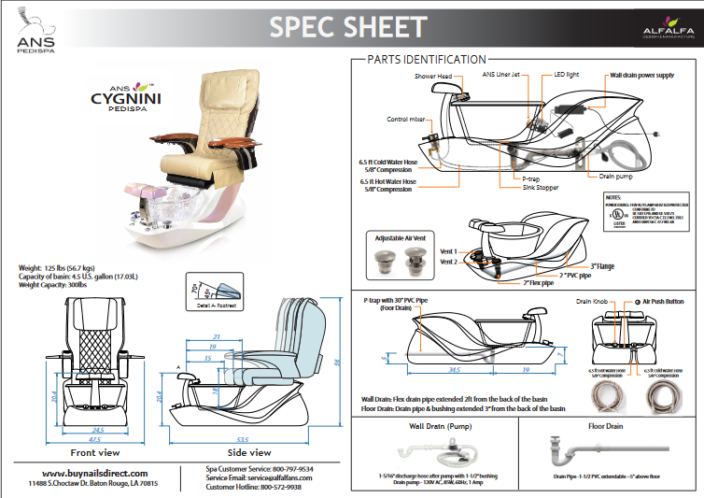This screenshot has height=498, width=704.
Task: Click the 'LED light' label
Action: point(569,74)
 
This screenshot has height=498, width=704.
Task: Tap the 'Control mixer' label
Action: point(408,120)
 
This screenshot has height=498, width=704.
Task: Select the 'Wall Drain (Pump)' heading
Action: point(434,425)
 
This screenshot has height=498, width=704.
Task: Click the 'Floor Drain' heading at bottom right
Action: point(607,425)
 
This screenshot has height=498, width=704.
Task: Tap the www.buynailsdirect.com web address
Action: point(92,473)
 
